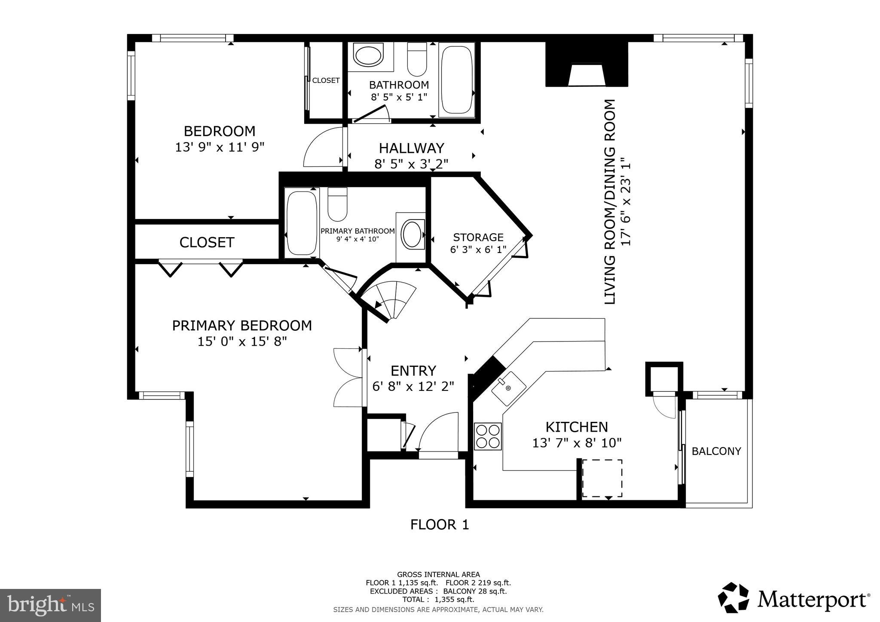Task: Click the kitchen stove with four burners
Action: point(488,436)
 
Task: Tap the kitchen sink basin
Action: point(508,388)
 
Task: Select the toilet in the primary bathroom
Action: point(337,204)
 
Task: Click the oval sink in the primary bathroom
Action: point(412,235)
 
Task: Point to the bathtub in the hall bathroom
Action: point(457,79)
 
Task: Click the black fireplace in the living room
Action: point(587,64)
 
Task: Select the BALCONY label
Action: point(716,451)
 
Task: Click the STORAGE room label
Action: point(478,237)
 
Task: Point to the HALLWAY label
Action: point(411,148)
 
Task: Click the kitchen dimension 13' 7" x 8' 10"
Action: point(577,443)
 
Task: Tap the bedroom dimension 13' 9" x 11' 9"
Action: point(219,147)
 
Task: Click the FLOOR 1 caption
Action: point(440,524)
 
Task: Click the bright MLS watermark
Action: point(50,605)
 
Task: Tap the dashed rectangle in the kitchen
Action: point(602,478)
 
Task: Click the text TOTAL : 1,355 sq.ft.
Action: point(438,600)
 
